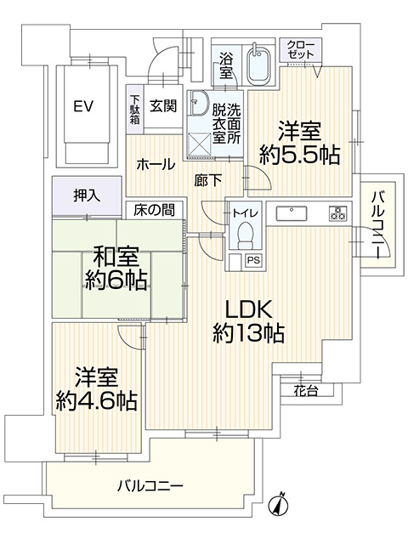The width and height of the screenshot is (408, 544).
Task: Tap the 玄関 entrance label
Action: tap(163, 105)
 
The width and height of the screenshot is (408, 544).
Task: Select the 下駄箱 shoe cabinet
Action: tap(134, 110)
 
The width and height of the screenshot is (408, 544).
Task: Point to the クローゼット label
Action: tap(301, 49)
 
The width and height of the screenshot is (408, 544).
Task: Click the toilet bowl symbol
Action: tap(246, 236)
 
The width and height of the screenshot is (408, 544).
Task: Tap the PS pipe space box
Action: tap(253, 260)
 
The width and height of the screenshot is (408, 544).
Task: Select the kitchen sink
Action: tap(292, 213)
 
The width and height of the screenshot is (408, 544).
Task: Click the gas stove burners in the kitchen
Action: tap(337, 212)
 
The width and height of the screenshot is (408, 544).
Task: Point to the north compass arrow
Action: tap(280, 504)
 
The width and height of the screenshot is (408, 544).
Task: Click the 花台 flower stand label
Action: tap(306, 391)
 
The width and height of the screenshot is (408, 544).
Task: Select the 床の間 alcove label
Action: tap(155, 210)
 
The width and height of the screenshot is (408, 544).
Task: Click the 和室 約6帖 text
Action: tap(116, 269)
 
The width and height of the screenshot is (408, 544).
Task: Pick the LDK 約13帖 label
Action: tap(248, 321)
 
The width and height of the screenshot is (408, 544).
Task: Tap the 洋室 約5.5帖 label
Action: tap(299, 143)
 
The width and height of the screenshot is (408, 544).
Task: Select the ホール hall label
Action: tap(156, 164)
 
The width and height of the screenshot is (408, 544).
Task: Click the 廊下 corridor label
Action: tap(207, 180)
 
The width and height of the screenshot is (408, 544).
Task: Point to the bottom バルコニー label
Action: tap(150, 485)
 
